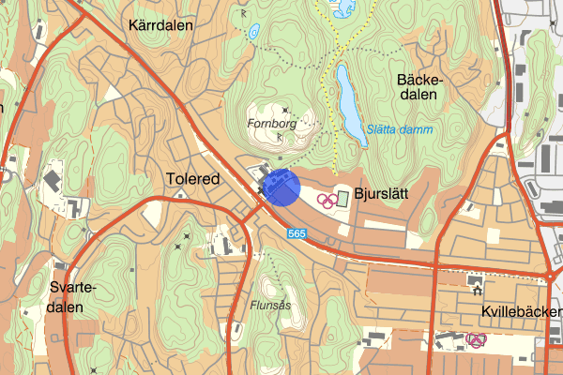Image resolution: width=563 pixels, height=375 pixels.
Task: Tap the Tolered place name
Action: point(192,178)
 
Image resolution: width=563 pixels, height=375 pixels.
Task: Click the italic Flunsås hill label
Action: point(273,305)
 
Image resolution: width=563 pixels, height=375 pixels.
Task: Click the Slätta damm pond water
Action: point(349,99)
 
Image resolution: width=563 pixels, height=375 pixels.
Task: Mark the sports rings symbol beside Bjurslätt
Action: point(326,199)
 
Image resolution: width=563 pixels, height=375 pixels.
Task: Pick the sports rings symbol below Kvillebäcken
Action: point(476,339)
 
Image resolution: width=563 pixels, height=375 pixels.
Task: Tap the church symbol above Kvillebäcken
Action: point(473,280)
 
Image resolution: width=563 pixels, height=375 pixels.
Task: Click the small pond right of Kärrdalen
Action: point(254,32)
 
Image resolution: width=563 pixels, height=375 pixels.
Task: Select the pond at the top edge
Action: point(341,9)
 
